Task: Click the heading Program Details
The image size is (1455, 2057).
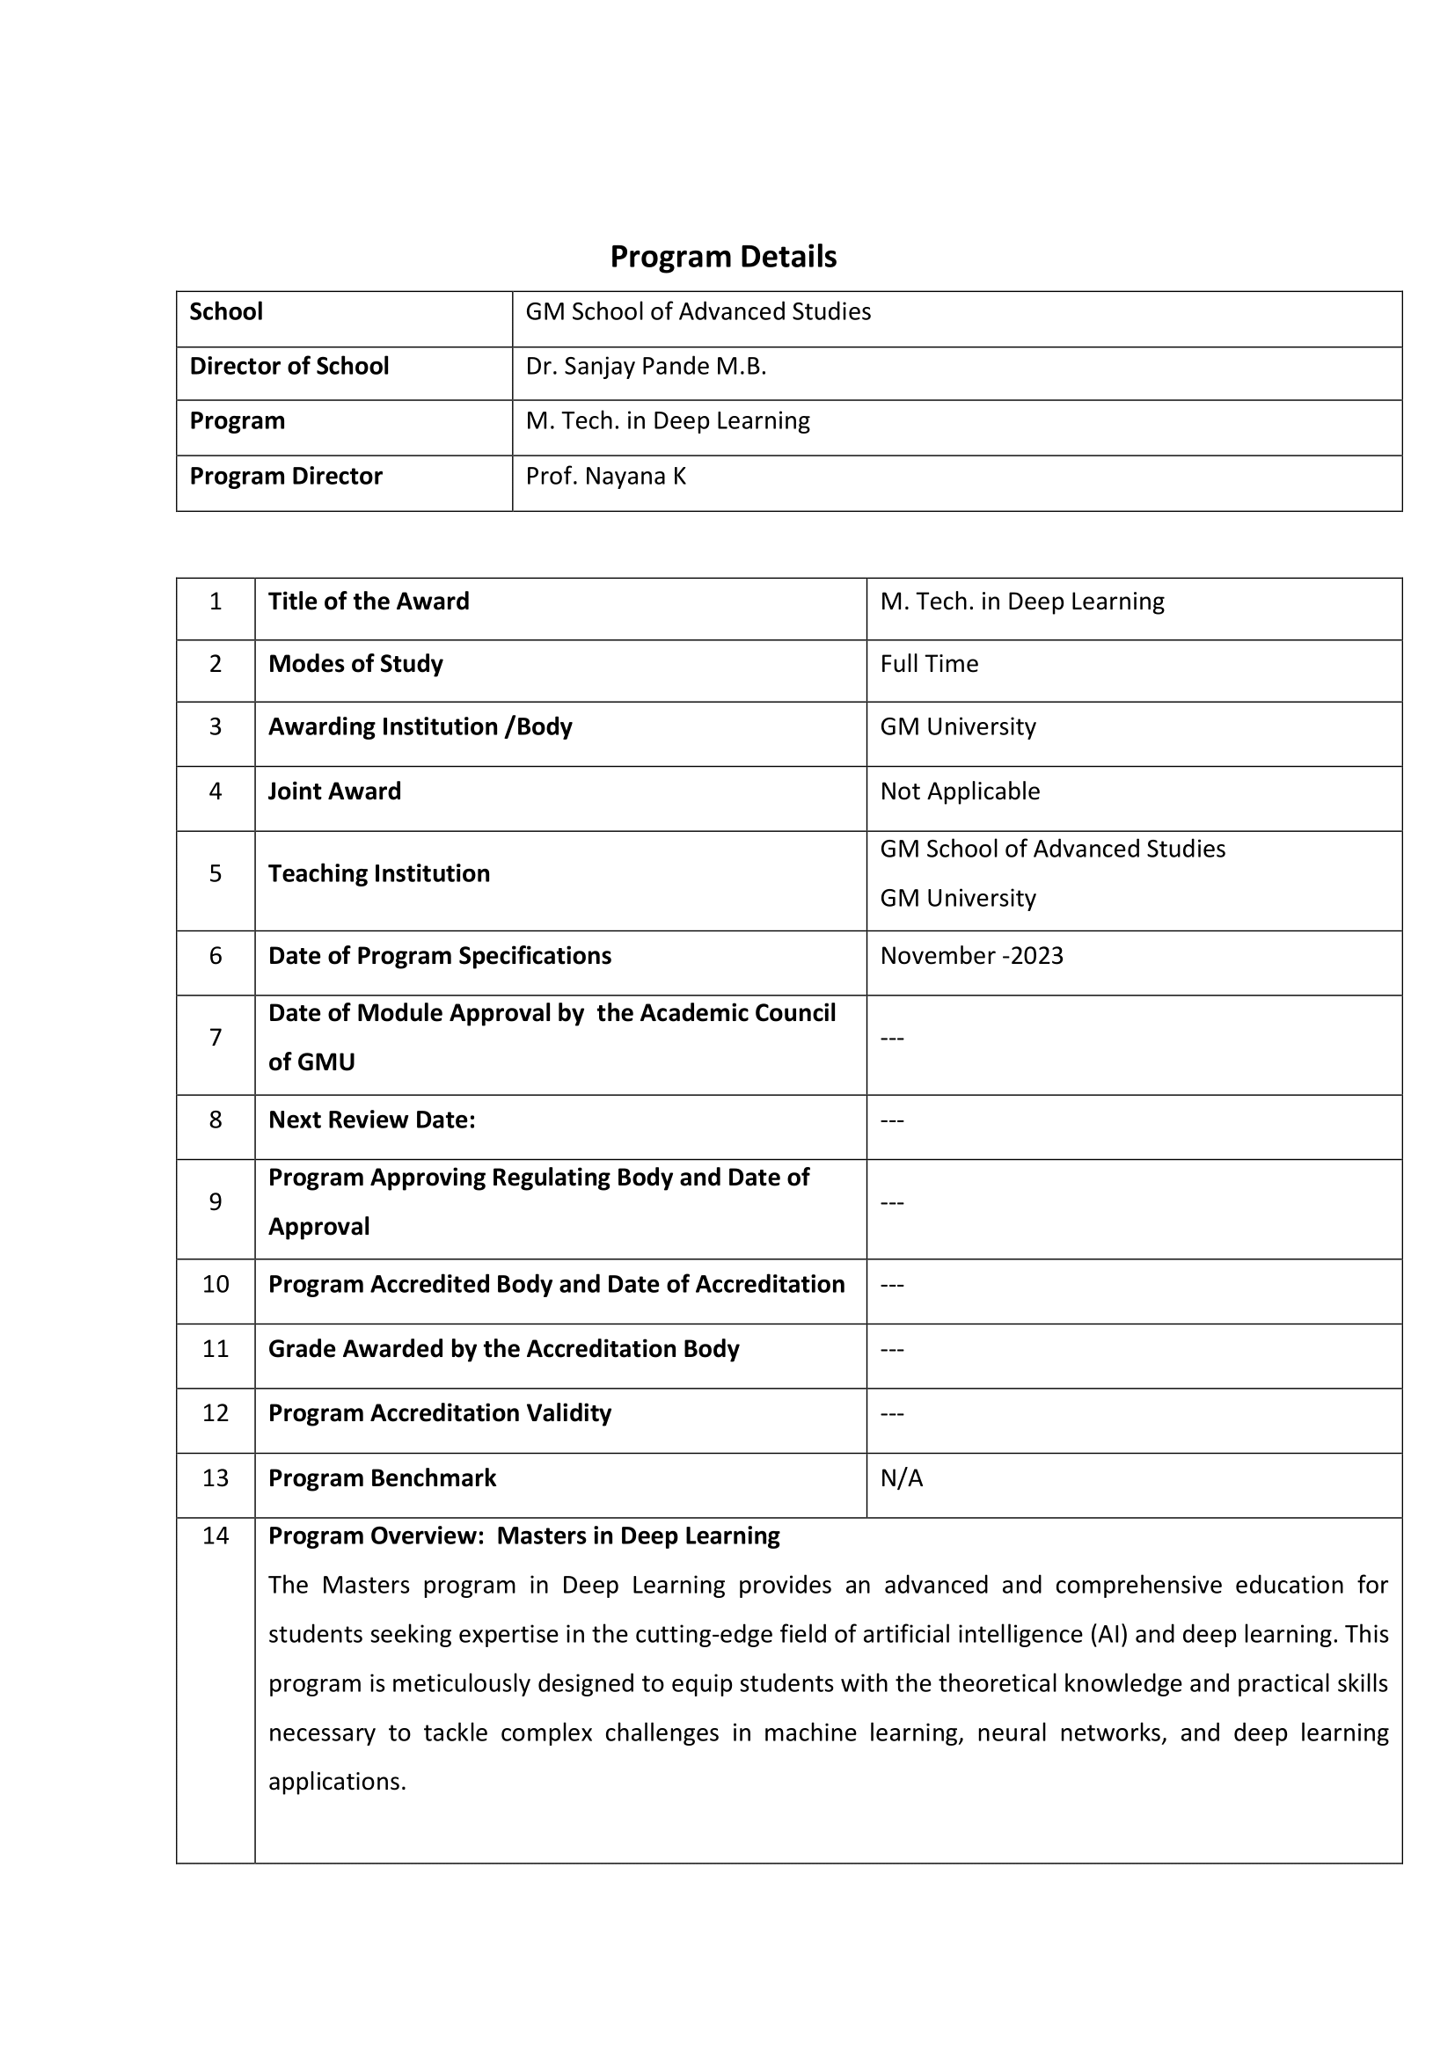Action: (x=723, y=257)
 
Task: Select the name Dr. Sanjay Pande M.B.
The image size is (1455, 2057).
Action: (x=645, y=367)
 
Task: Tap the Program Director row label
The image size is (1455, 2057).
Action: (x=286, y=476)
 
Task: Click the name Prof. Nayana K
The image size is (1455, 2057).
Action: (x=605, y=476)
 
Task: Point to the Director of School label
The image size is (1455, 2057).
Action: (x=289, y=367)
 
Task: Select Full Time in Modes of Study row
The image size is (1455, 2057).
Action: (x=928, y=664)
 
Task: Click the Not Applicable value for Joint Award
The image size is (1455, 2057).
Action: (x=960, y=791)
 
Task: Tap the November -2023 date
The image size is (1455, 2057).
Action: (x=971, y=955)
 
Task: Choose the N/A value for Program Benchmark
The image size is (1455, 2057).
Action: (x=902, y=1477)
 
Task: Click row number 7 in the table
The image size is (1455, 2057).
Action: (x=215, y=1038)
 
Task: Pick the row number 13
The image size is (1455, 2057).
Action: (x=215, y=1477)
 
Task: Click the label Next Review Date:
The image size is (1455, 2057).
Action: (x=372, y=1120)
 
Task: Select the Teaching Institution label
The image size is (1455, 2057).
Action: (x=379, y=873)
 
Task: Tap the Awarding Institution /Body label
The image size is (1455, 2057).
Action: (x=420, y=726)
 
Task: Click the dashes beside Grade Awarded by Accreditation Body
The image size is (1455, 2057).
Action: (x=892, y=1349)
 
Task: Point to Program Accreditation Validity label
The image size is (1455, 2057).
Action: (x=440, y=1413)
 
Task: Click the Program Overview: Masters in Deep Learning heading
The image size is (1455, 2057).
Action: (x=524, y=1535)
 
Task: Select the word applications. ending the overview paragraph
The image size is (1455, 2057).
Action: (x=337, y=1782)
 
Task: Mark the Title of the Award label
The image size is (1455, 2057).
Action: (x=369, y=602)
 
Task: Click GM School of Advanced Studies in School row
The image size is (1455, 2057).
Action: (x=698, y=312)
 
